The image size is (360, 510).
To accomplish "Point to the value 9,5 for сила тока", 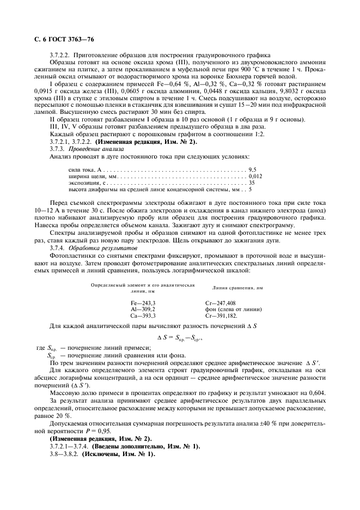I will click(x=253, y=170).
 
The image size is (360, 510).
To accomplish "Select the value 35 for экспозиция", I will click(x=252, y=183).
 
